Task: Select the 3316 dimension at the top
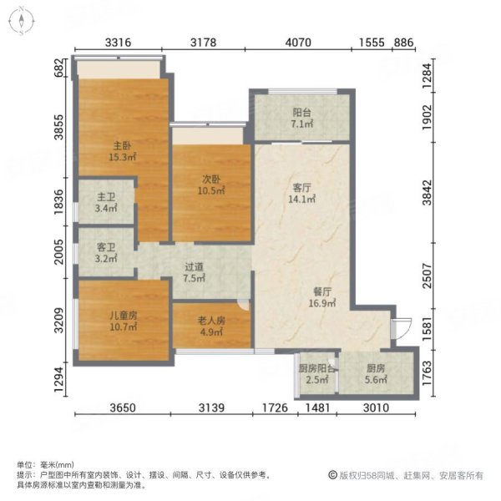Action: click(x=120, y=43)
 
